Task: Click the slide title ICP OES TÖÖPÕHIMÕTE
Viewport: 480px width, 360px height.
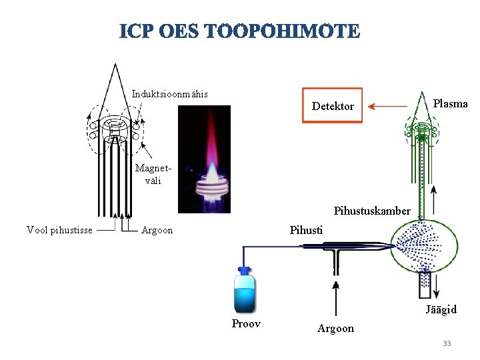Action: coord(240,31)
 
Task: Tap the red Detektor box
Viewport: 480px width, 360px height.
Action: coord(333,105)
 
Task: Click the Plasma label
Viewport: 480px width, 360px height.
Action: coord(450,103)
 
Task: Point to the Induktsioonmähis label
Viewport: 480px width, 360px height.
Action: coord(169,93)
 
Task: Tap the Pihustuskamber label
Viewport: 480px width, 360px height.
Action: coord(372,211)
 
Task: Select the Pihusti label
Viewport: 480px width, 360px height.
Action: coord(306,230)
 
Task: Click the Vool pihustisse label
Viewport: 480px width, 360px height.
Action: coord(59,231)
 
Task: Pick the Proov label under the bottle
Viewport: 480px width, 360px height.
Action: coord(246,324)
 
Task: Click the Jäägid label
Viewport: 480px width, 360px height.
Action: coord(441,309)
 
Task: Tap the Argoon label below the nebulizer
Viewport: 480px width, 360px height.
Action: coord(335,328)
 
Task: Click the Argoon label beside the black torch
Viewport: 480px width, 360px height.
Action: coord(157,231)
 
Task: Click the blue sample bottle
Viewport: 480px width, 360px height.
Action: coord(245,291)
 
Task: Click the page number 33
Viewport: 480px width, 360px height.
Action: coord(447,343)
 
